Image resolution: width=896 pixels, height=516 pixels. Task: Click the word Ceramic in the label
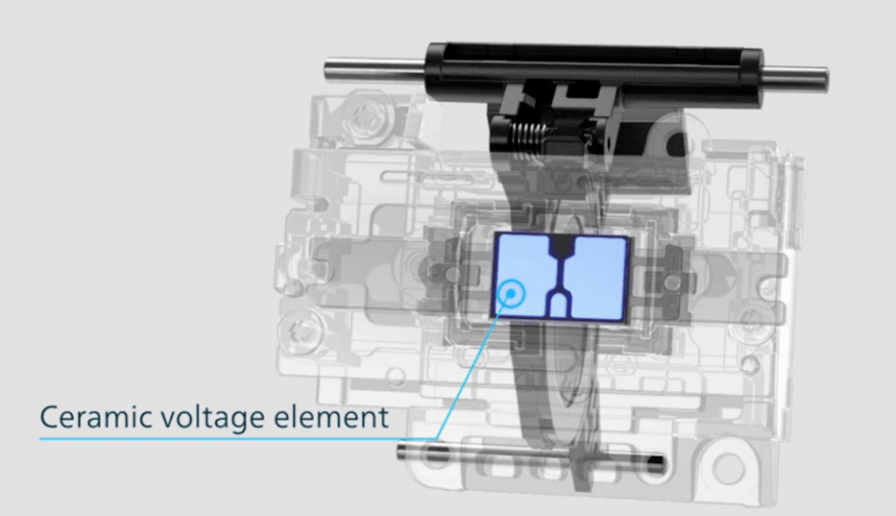click(94, 417)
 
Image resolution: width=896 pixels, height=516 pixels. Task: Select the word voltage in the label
click(212, 418)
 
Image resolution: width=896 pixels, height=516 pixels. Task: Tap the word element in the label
click(331, 417)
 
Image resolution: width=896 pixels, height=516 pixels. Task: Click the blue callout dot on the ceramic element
click(512, 293)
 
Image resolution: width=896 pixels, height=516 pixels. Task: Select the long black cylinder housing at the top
click(594, 74)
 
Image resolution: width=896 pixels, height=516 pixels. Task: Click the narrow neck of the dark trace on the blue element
click(561, 272)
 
